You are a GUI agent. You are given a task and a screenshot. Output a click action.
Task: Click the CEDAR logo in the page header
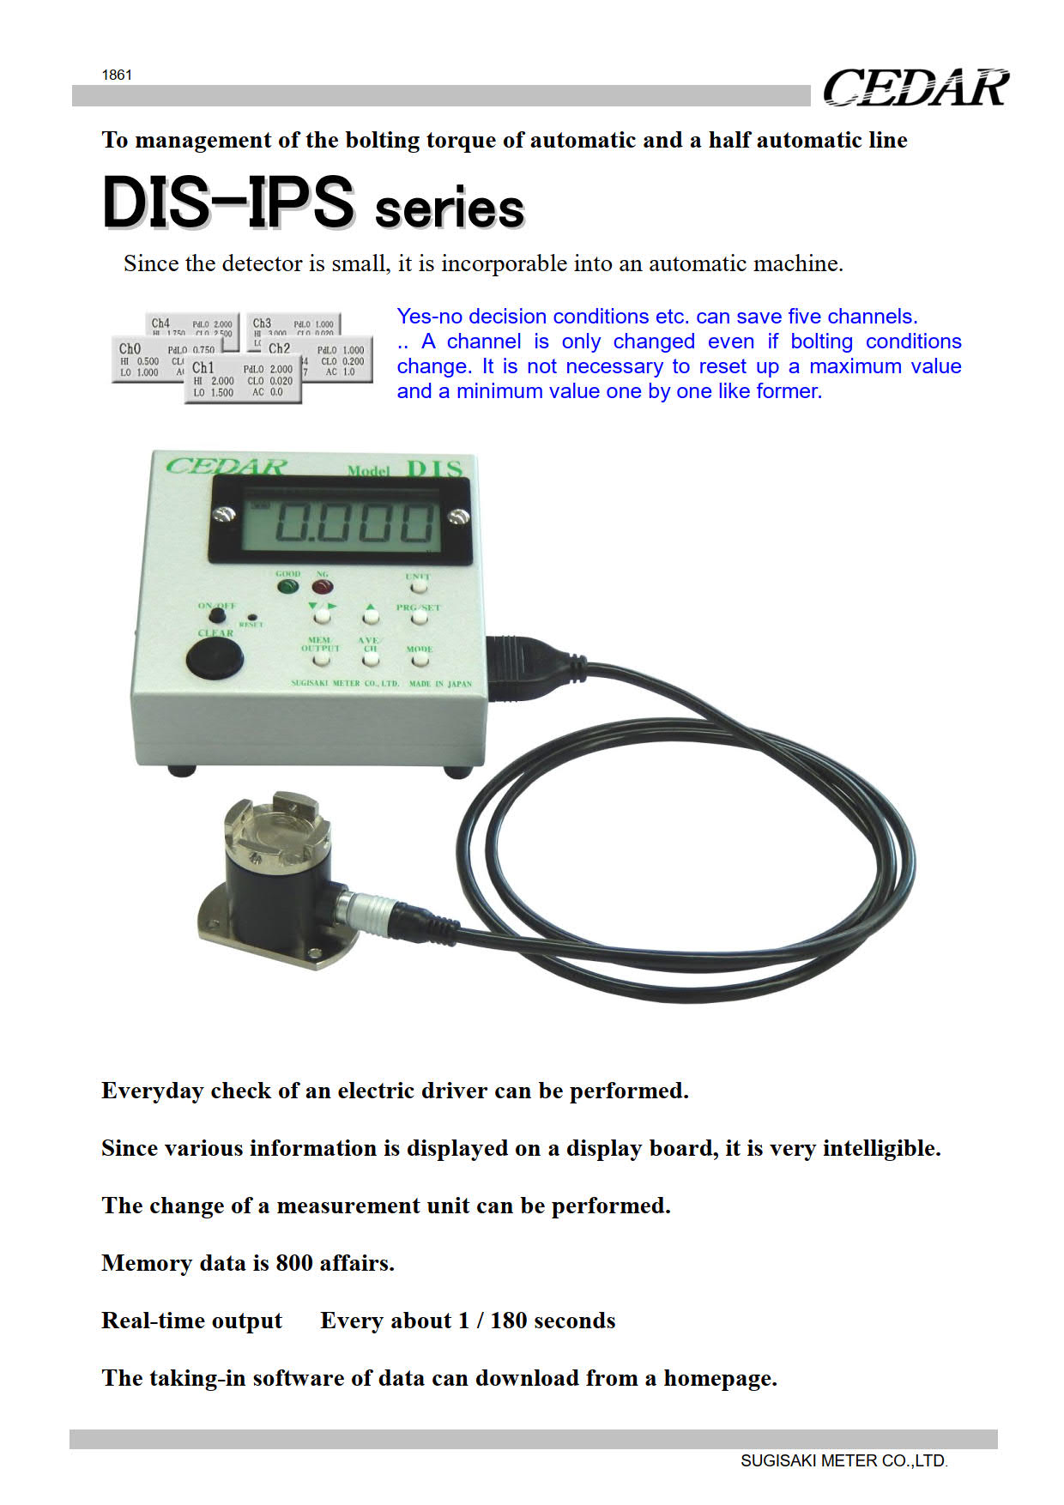(x=916, y=88)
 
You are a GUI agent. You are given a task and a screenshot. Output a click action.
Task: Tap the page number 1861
(x=117, y=75)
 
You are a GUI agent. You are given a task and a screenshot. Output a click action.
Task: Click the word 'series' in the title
(x=450, y=209)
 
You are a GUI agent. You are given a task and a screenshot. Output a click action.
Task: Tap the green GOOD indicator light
(x=287, y=587)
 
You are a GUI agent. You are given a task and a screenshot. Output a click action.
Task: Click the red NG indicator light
(x=322, y=587)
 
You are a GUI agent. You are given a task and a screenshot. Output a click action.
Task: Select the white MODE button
(x=420, y=661)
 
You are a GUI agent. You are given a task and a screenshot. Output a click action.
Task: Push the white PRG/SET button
(x=419, y=618)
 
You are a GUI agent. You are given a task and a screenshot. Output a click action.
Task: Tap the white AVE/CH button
(x=370, y=661)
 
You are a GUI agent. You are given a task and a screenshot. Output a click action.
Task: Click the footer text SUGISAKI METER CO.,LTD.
(x=843, y=1460)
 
